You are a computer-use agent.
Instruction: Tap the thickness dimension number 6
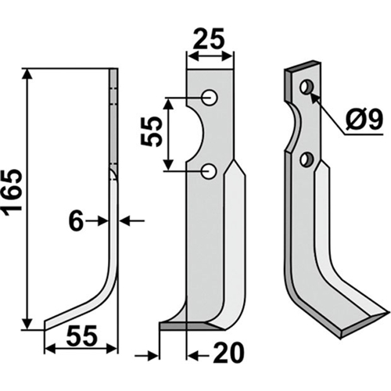coord(76,221)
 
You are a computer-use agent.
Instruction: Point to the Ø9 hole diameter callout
coord(364,120)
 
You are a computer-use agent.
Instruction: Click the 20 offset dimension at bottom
coord(228,353)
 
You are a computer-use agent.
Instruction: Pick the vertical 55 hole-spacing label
coord(151,132)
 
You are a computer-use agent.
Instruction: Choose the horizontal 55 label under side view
coord(81,336)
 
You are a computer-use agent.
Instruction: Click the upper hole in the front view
coord(210,98)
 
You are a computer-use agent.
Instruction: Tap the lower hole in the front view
coord(209,171)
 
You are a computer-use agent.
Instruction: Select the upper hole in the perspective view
coord(306,87)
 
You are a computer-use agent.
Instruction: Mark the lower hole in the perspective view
coord(306,159)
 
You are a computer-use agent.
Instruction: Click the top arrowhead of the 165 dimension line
coord(27,74)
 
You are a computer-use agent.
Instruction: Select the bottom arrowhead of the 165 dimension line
coord(27,325)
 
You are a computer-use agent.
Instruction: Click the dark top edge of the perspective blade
coord(303,66)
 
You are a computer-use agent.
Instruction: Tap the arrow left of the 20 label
coord(146,356)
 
